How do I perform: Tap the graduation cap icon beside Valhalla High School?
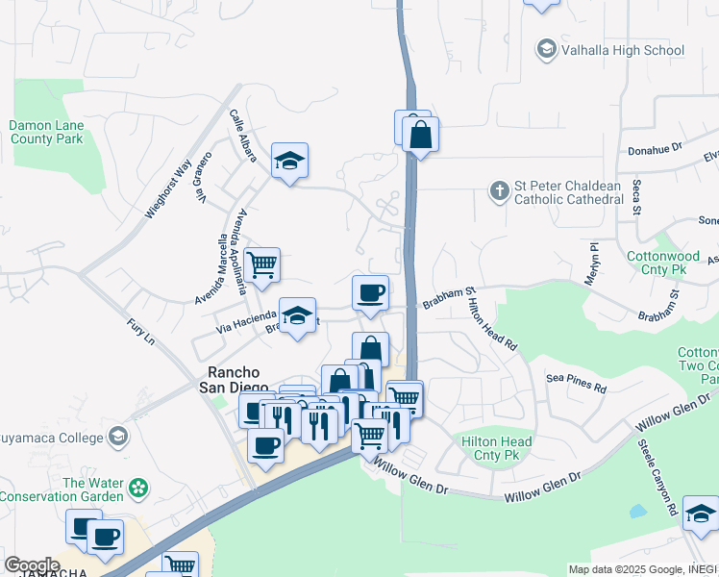coord(546,49)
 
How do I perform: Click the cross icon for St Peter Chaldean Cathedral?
coord(499,190)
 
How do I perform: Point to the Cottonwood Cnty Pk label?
coord(663,263)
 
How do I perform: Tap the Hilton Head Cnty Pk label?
coord(497,446)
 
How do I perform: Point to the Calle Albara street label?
coord(242,135)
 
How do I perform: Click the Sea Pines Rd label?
coord(577,383)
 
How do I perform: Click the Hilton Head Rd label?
coord(492,323)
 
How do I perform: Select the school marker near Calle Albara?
coord(289,162)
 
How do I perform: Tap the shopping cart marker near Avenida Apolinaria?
coord(261,264)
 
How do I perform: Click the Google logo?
coord(31,565)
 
